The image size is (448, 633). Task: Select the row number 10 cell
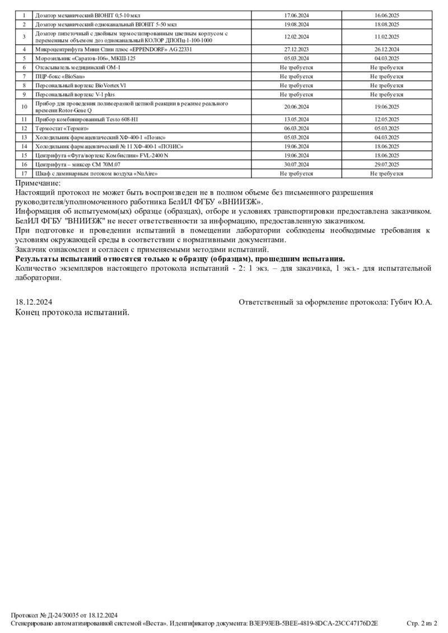pos(24,106)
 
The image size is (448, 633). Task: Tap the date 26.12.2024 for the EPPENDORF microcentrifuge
pos(386,49)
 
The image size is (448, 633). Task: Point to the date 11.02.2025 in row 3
pos(386,36)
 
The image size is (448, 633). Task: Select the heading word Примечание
pos(38,183)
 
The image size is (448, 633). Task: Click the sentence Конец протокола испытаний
pos(72,312)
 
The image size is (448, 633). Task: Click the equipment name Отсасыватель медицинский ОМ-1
pos(78,67)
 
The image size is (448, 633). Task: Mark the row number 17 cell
pos(24,173)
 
